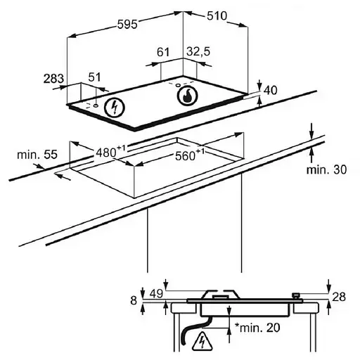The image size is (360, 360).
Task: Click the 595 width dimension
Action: coord(127,25)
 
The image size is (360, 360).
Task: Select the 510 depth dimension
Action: coord(217,16)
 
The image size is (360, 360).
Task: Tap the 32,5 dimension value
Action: coord(198,51)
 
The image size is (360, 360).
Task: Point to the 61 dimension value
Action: coord(163,52)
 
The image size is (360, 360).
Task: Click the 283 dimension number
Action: coord(53,79)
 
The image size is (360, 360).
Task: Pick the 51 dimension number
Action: coord(94,77)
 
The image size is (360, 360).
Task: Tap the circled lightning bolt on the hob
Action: coord(115,108)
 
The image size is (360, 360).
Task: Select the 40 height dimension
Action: coord(271,90)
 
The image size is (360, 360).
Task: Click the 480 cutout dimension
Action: coord(110,152)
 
